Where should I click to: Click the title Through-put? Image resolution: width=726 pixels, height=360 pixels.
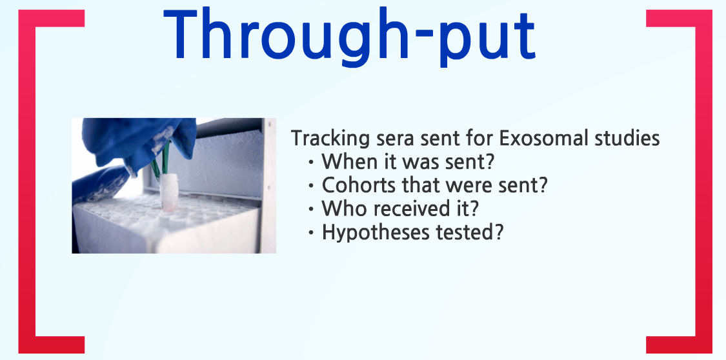click(x=350, y=37)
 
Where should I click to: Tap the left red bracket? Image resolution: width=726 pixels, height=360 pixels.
click(x=27, y=181)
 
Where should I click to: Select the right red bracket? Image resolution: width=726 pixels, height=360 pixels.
click(x=704, y=181)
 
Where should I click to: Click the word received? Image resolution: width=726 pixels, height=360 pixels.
click(x=409, y=208)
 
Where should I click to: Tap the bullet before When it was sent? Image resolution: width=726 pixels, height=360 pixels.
click(x=311, y=163)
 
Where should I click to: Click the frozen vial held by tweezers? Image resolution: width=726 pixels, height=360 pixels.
click(x=169, y=192)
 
